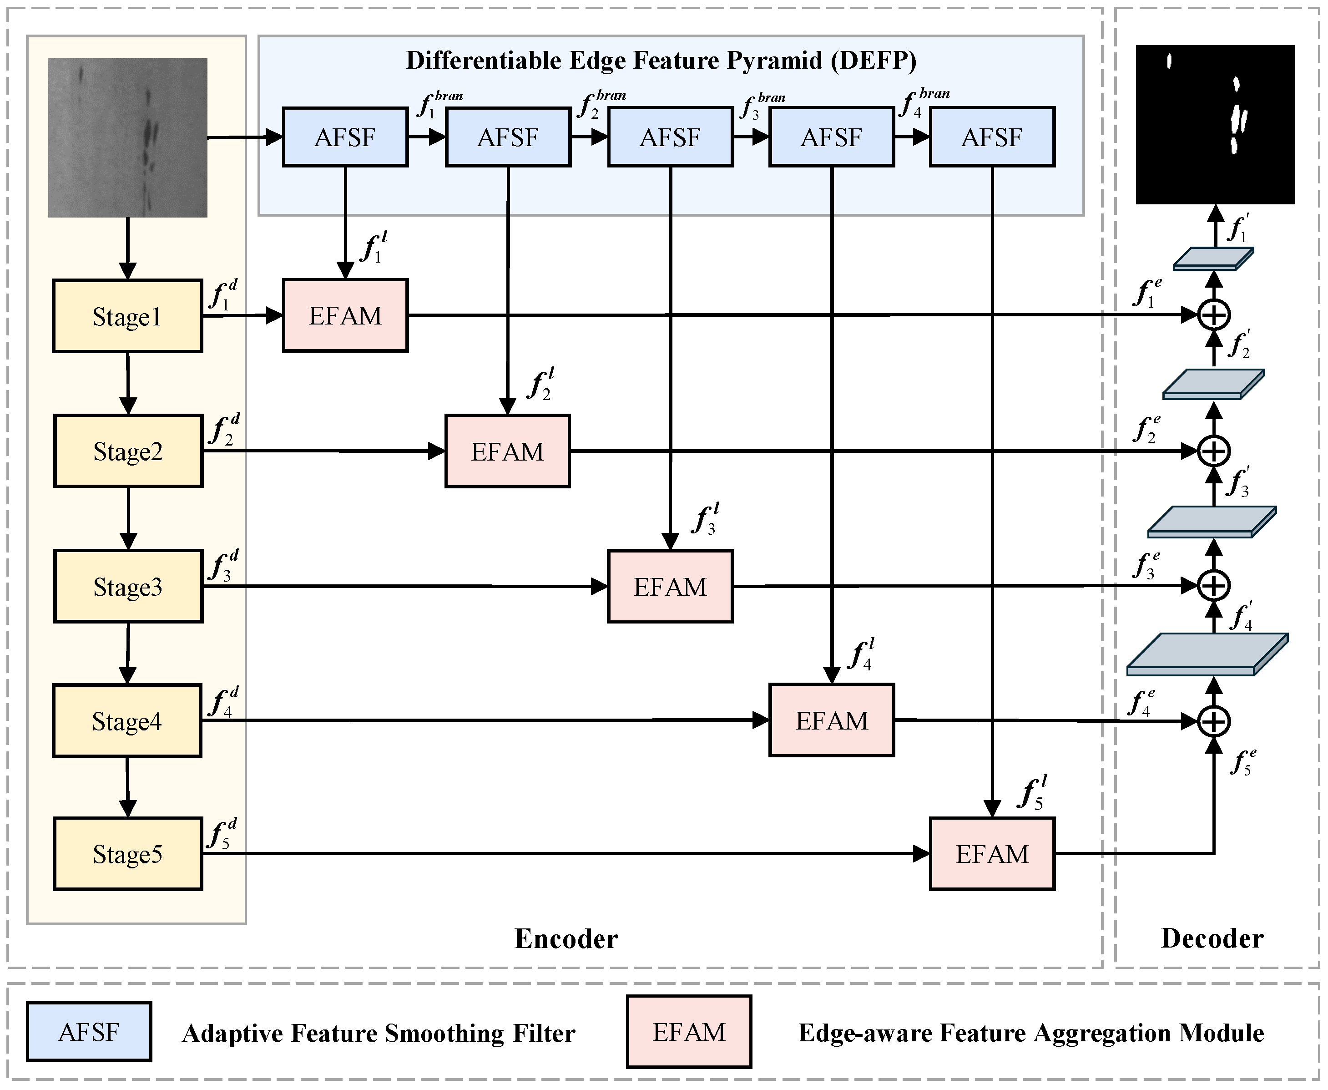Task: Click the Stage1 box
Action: [x=127, y=316]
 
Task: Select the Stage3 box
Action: [x=128, y=587]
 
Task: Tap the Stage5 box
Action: [x=128, y=854]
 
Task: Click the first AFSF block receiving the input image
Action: [x=345, y=137]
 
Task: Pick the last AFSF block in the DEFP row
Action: [x=992, y=137]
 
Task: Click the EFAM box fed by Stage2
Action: [x=507, y=451]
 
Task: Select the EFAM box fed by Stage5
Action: [x=992, y=854]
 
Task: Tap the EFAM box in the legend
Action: [x=688, y=1032]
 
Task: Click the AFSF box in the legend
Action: [x=89, y=1032]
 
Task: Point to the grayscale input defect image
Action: [x=127, y=137]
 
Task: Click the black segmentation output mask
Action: [x=1215, y=124]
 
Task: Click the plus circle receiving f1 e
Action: [x=1214, y=314]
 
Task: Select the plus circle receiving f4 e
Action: [x=1214, y=721]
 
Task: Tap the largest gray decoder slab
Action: [x=1206, y=654]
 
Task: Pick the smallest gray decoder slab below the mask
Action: [x=1212, y=259]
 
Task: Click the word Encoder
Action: [x=566, y=939]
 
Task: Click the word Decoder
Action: [x=1212, y=939]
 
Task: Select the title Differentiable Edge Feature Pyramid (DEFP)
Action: [x=661, y=60]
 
